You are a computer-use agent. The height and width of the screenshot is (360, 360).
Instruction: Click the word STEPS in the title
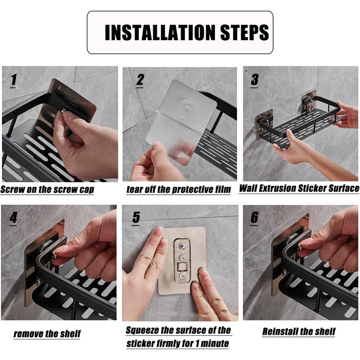point(244,32)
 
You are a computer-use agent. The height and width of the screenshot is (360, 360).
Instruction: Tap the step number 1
point(13,80)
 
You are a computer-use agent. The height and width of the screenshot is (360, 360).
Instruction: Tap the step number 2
point(140,80)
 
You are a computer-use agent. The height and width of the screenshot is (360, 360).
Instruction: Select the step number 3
point(255,80)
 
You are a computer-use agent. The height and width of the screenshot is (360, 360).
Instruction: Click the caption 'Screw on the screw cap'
point(47,190)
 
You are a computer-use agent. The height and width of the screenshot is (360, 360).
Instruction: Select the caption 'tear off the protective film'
point(178,189)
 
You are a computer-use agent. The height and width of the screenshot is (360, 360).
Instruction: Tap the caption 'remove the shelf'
point(47,334)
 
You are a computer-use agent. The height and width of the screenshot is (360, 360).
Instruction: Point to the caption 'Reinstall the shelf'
point(299,332)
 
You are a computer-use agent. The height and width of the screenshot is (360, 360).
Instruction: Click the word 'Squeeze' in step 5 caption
point(142,331)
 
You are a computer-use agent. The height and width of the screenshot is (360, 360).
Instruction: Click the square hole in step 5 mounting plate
point(183,267)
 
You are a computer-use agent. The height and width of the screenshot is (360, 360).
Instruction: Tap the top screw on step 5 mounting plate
point(182,247)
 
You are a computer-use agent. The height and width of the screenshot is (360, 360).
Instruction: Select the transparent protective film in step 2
point(174,135)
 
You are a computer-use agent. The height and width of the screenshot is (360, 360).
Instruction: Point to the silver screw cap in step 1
point(64,112)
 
